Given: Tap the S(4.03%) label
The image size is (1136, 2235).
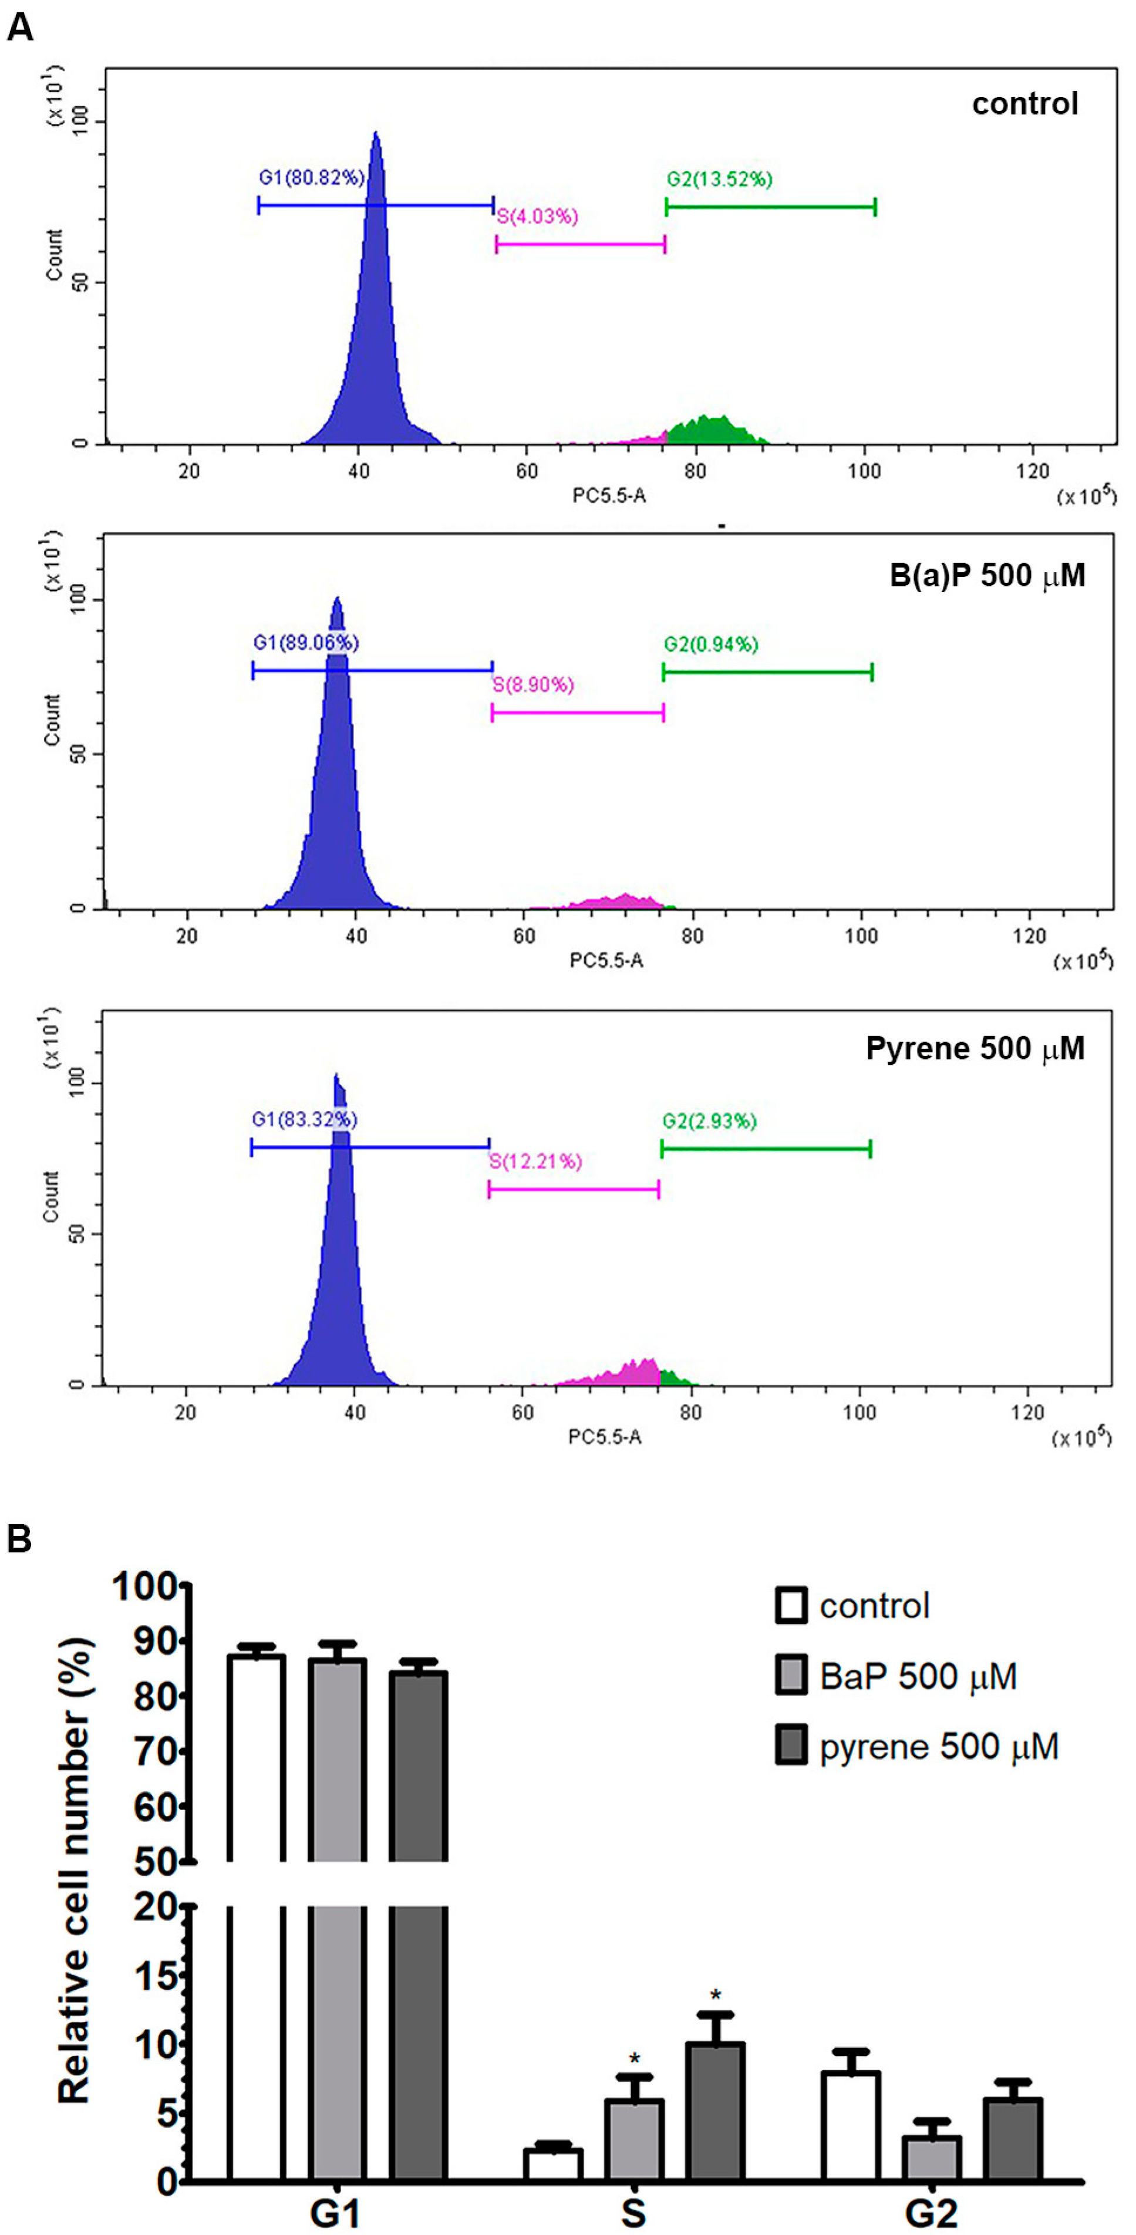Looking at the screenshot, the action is (537, 216).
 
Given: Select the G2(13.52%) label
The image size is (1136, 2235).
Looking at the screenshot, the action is (719, 180).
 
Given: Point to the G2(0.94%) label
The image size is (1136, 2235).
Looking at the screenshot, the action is (712, 644).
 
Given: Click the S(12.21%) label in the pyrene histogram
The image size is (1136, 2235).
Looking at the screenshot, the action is (535, 1161).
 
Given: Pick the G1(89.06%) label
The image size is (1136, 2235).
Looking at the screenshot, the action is (305, 643).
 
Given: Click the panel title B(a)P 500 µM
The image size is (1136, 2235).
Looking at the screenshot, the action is (987, 576).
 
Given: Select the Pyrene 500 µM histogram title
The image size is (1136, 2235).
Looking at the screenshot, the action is (976, 1049).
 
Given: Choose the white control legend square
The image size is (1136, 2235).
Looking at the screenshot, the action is (791, 1605).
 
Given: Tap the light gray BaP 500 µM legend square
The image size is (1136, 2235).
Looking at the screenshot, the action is (791, 1676).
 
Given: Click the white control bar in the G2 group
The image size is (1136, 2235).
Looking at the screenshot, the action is (851, 2126).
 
